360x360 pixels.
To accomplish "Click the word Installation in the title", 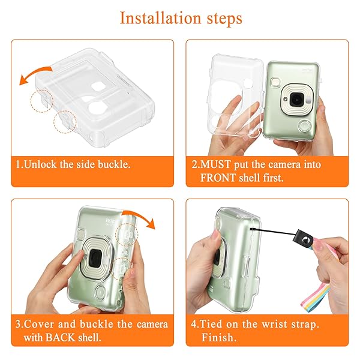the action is point(160,18).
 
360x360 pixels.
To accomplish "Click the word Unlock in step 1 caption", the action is point(40,164).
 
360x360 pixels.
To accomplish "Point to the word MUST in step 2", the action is point(215,164).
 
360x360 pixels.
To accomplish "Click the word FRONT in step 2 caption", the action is point(218,178).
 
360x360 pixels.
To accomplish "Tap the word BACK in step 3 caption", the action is point(61,337).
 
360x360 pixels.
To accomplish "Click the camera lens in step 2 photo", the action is point(296,100).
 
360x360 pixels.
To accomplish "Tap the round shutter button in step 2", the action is point(305,127).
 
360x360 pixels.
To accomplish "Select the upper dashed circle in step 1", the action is point(42,101).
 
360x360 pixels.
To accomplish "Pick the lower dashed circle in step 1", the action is point(65,122).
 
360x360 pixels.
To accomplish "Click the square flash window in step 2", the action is point(275,82).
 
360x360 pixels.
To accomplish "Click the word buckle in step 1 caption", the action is point(114,164).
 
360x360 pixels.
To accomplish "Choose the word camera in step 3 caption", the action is point(152,325).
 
